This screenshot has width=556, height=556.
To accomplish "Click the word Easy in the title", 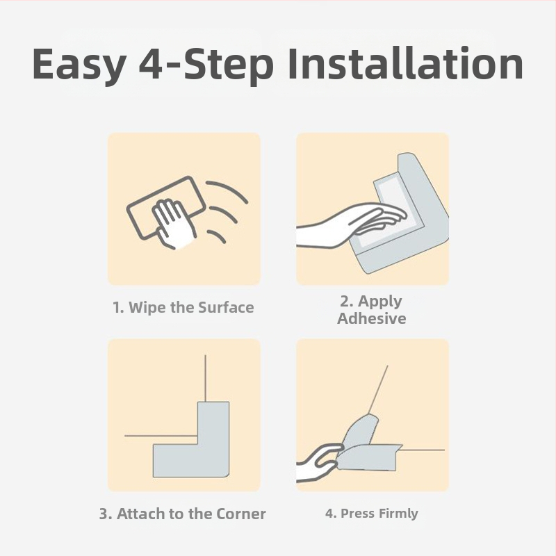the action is point(79,65).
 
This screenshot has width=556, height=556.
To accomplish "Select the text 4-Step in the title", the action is point(206,65).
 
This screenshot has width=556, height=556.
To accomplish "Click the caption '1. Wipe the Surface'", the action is point(183,307).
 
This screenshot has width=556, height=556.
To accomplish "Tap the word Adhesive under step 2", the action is point(372,318).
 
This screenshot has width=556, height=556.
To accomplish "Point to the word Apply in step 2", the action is point(379,302).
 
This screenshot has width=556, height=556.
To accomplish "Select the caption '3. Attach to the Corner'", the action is point(182,514).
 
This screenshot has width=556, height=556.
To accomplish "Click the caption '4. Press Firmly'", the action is point(372,513).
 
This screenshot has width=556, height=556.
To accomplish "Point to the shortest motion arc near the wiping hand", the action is point(217,235).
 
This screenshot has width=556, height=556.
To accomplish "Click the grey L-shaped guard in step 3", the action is point(209,457).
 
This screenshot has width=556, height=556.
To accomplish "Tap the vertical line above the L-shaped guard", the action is point(205,378).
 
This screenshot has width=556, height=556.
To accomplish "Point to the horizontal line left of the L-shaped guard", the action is point(161,436).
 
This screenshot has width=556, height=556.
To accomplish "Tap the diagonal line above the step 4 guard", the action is point(378,390).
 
